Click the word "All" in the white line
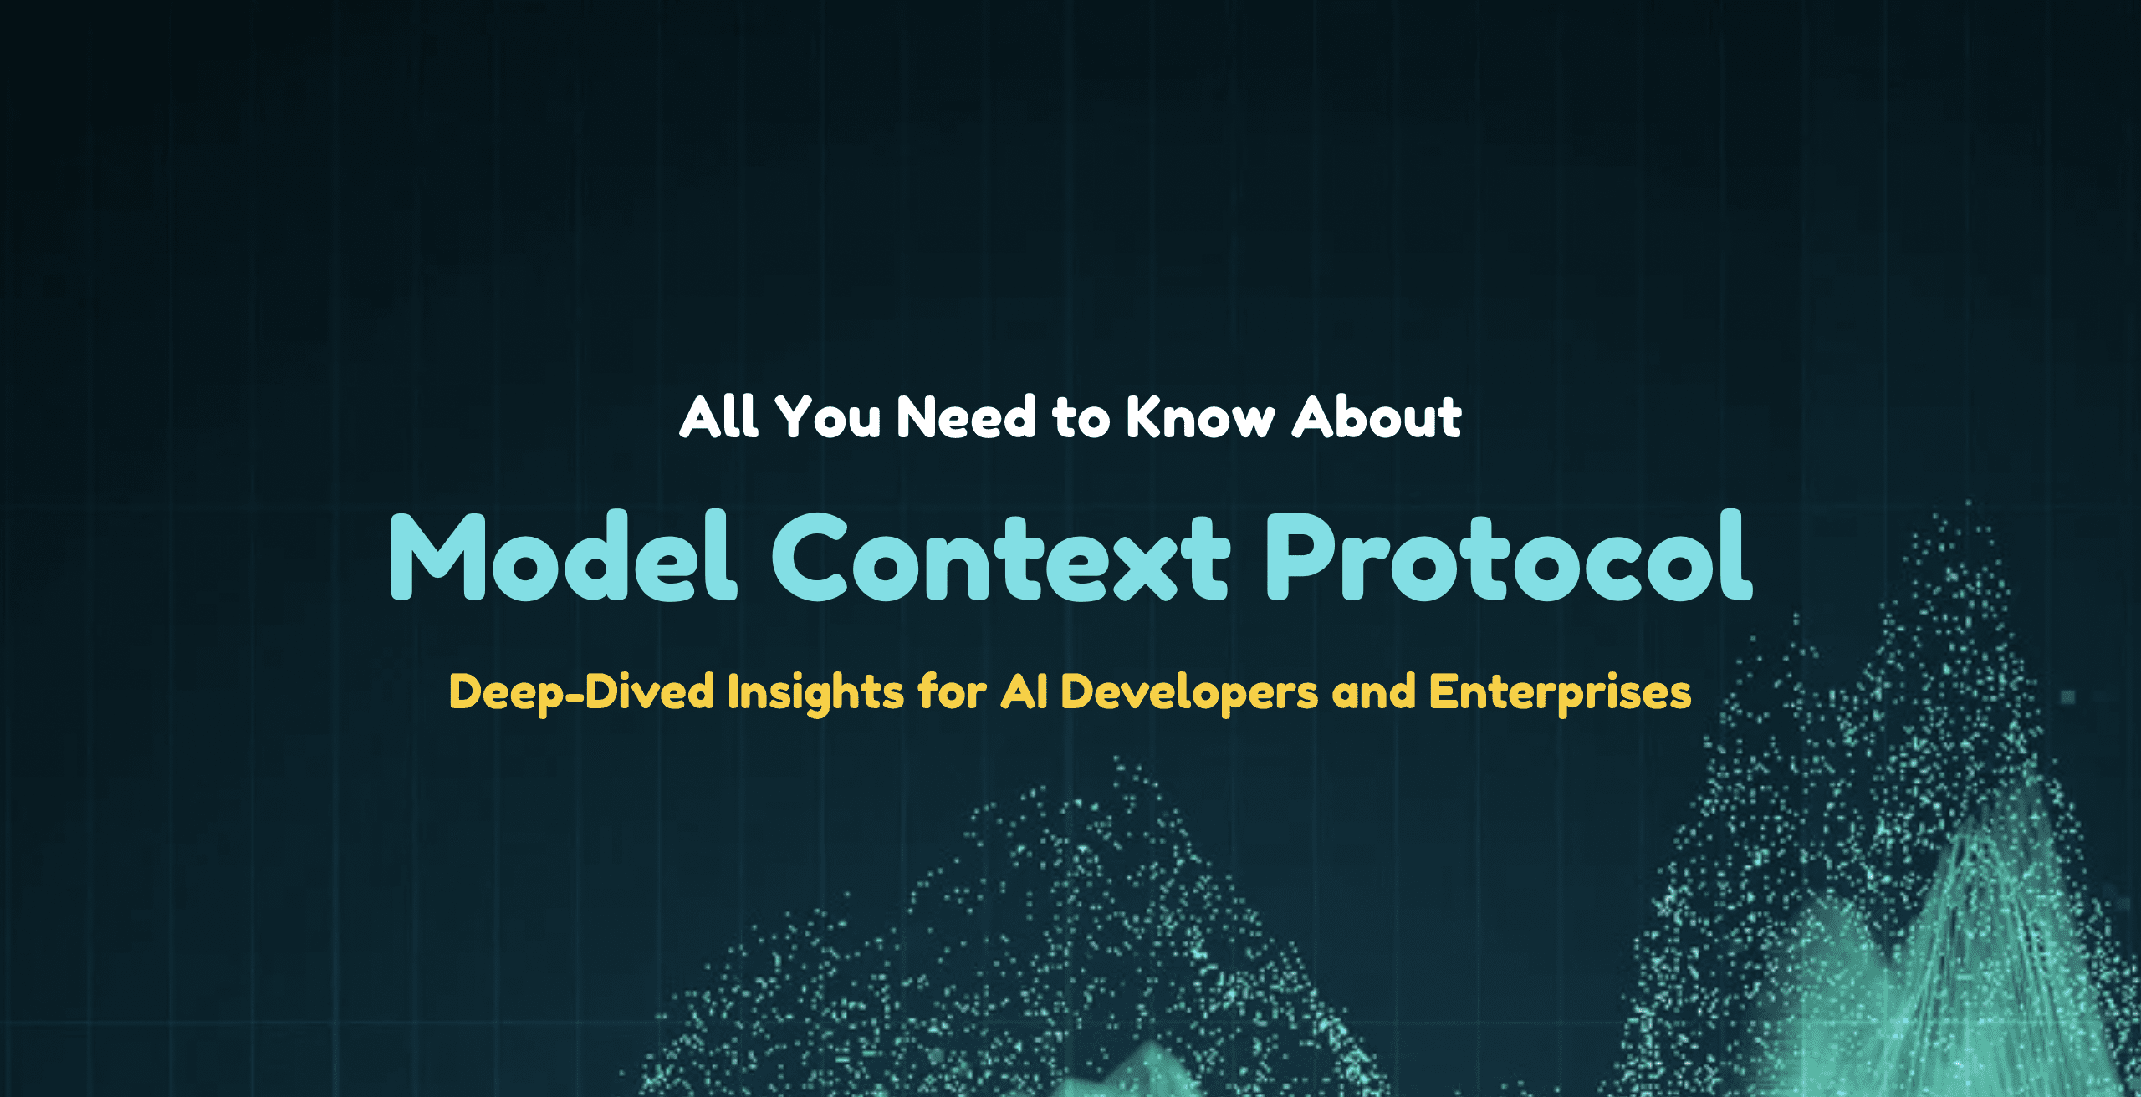coord(718,416)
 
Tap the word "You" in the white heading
coord(828,416)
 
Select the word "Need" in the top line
coord(967,416)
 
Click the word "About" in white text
coord(1377,416)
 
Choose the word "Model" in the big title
coord(564,555)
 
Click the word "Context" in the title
coord(1000,557)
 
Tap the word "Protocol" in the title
coord(1509,555)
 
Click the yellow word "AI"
coord(1025,692)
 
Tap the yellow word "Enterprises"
coord(1561,693)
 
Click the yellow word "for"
coord(953,692)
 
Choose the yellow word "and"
coord(1374,692)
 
